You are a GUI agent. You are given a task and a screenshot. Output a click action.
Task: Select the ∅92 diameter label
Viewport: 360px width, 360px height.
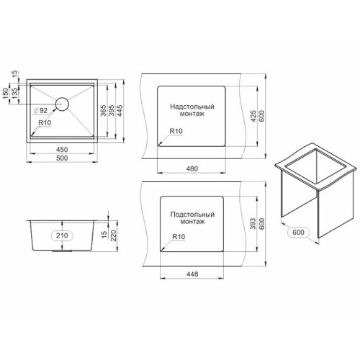point(40,110)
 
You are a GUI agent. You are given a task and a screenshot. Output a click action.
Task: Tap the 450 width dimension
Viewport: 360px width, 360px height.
point(62,150)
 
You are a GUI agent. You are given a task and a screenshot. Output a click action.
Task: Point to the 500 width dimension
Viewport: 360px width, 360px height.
point(62,158)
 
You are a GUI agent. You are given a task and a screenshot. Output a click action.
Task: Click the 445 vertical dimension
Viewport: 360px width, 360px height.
point(120,110)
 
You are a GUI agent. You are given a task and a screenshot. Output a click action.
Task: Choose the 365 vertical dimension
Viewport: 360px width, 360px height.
point(103,110)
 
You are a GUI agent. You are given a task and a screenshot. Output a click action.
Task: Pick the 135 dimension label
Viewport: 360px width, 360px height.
point(14,94)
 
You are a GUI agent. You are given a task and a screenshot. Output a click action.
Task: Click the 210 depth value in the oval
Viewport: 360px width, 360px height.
point(62,235)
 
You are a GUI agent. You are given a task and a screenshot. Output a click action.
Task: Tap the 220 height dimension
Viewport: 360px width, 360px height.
point(113,235)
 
